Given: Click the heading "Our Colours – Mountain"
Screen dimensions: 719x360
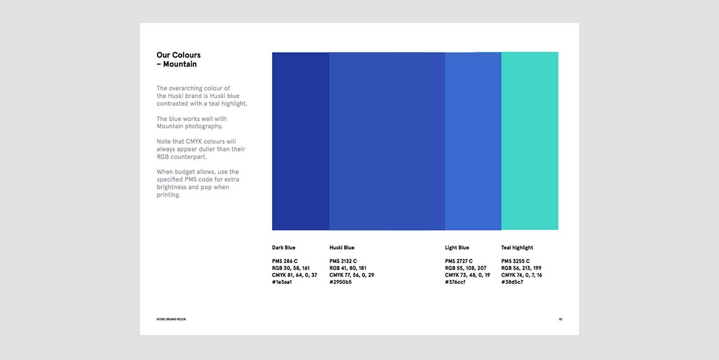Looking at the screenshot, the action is (179, 59).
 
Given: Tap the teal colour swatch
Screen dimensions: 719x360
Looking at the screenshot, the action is (529, 141).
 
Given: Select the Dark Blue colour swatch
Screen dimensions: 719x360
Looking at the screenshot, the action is (301, 141).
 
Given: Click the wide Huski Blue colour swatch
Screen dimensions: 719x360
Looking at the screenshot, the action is (387, 141).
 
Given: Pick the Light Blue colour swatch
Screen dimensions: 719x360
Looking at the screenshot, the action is (473, 141).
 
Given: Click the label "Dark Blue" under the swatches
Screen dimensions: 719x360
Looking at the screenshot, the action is (283, 248).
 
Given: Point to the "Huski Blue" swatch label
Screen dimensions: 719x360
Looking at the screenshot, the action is (342, 248).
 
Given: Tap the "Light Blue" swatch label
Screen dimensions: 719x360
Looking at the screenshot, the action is (457, 248).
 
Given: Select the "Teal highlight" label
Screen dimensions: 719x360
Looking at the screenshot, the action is (517, 248).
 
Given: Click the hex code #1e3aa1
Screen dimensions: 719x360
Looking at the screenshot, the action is (282, 282).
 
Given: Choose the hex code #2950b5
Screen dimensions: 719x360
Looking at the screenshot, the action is (340, 282).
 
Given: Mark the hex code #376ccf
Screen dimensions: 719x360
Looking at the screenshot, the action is (455, 282).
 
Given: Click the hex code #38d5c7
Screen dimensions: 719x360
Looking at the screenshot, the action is (512, 282).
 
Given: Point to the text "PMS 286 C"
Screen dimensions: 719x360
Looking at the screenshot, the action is (285, 261).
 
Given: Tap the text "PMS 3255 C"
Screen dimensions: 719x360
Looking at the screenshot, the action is (516, 261).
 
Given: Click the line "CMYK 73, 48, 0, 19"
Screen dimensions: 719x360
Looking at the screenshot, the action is (467, 275).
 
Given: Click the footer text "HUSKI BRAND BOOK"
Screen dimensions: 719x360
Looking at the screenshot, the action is (171, 319).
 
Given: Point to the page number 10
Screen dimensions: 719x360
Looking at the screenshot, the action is (560, 319).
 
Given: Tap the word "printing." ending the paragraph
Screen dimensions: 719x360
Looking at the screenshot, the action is (169, 195).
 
